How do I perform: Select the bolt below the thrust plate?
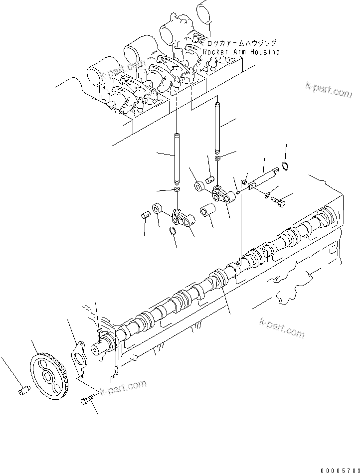click(88, 400)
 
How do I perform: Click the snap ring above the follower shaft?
click(285, 167)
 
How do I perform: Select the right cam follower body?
click(222, 194)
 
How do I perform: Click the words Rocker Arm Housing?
click(241, 52)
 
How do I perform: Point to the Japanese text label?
click(241, 44)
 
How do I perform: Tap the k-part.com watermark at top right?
click(329, 91)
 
